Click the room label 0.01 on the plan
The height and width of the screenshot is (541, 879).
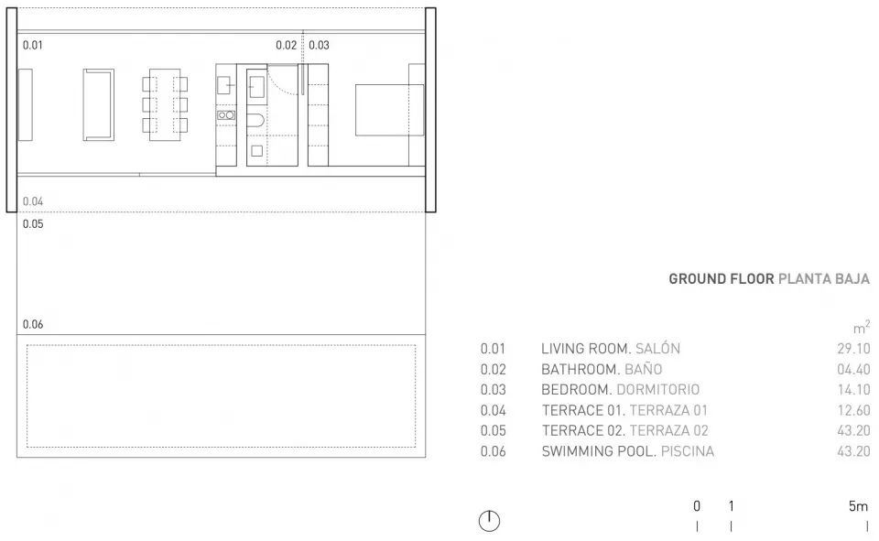(x=32, y=44)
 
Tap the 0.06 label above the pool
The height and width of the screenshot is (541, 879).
(x=33, y=324)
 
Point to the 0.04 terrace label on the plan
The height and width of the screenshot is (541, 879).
(x=33, y=201)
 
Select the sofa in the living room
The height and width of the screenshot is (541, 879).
(x=98, y=105)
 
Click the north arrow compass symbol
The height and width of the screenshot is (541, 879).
(x=491, y=521)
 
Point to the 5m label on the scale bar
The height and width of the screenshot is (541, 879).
(x=858, y=505)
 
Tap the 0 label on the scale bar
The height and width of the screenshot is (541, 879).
(x=697, y=505)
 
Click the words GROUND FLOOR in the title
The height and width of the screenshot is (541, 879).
(x=721, y=279)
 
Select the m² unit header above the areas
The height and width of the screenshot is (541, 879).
(x=861, y=327)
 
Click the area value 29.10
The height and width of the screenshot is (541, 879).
(x=852, y=349)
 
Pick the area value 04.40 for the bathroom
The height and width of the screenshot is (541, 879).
(x=852, y=370)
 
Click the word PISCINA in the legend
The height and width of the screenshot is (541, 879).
(x=686, y=451)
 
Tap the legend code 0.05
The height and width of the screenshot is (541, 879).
(x=493, y=431)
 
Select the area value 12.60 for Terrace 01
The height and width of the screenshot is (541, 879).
(x=852, y=410)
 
